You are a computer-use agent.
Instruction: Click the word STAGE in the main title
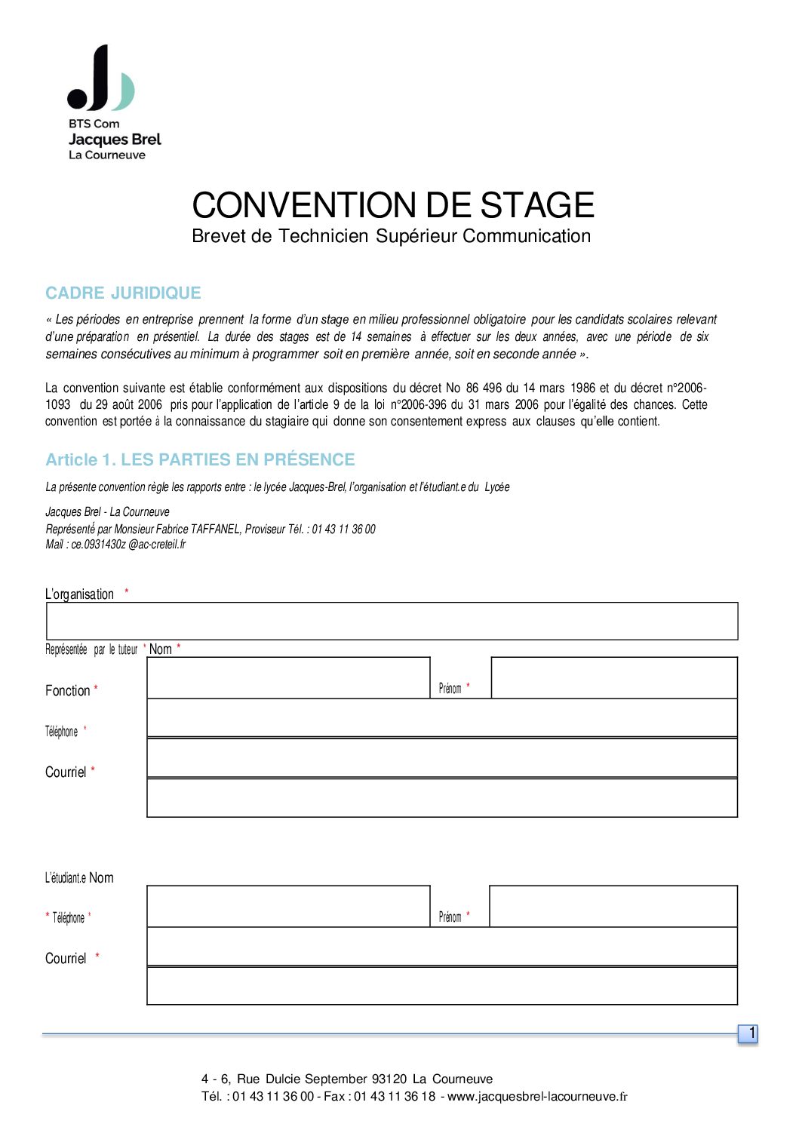tap(537, 206)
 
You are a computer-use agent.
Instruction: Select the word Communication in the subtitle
tap(527, 236)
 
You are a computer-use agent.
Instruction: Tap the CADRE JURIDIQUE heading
tap(123, 293)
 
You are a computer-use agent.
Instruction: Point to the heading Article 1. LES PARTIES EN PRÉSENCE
tap(200, 460)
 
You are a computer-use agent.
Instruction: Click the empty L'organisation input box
tap(392, 622)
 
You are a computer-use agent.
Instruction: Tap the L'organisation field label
tap(80, 594)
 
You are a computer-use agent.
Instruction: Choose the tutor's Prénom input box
tap(613, 677)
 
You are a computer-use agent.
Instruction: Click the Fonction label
tap(68, 691)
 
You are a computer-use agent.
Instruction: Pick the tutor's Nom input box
tap(288, 677)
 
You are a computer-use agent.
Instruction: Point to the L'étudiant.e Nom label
tap(79, 878)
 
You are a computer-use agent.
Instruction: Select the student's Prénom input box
tap(613, 906)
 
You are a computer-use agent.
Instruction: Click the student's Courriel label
tap(66, 959)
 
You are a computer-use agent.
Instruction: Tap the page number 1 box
tap(748, 1034)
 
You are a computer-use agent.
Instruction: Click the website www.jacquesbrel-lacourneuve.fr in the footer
tap(537, 1097)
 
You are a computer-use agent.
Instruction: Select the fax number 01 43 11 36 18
tap(395, 1097)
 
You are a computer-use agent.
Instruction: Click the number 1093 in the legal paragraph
tap(58, 405)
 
